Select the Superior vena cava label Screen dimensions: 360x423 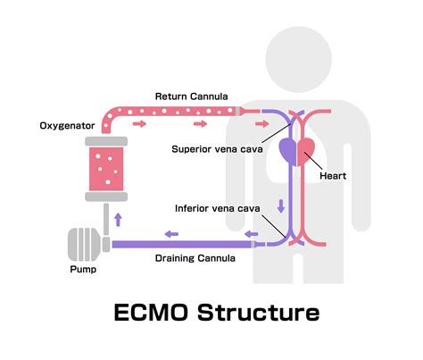(x=218, y=149)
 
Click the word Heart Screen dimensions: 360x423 (x=333, y=176)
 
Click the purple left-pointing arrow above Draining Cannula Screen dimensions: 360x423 (x=170, y=234)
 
